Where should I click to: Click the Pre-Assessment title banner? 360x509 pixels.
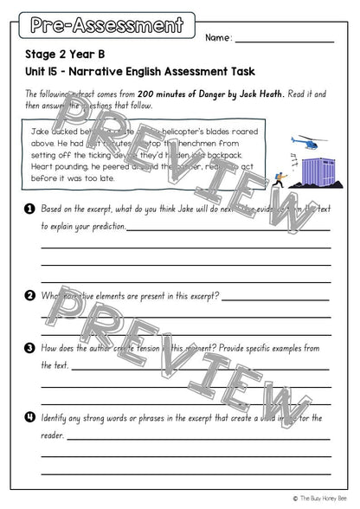tap(106, 25)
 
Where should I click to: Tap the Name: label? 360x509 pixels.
tap(219, 38)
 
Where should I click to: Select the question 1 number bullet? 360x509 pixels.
tap(29, 209)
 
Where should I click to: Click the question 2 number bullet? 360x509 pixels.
tap(29, 295)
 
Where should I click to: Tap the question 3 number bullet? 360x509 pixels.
tap(29, 348)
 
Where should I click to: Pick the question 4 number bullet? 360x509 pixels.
tap(29, 417)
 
